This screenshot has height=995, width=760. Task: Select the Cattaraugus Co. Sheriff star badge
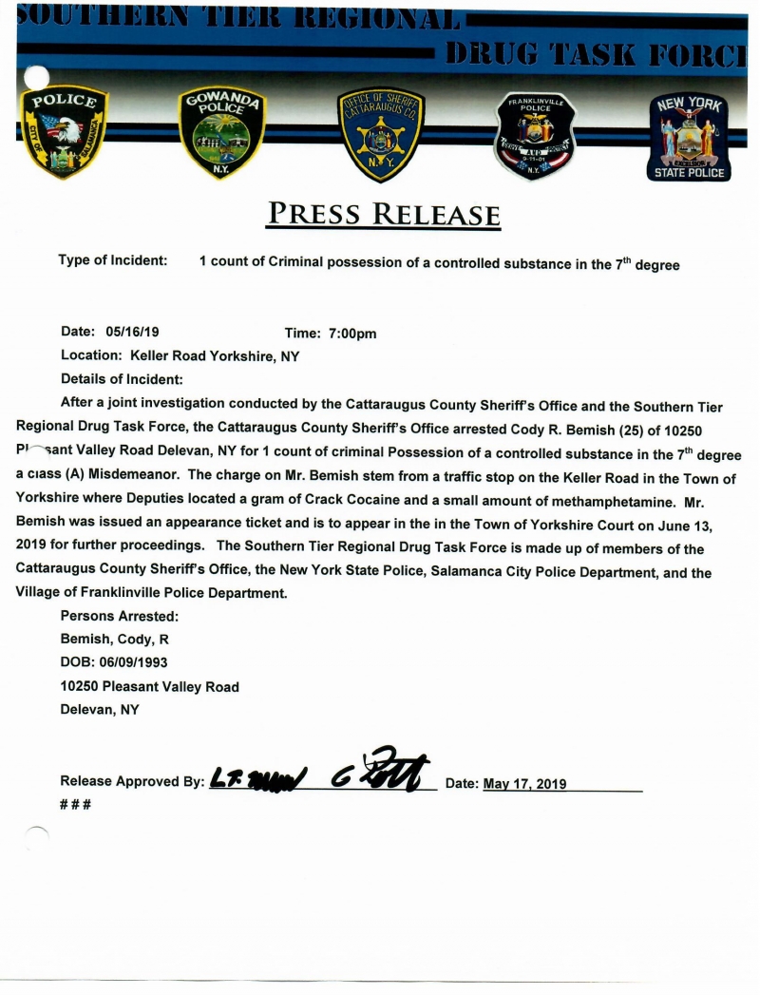click(381, 134)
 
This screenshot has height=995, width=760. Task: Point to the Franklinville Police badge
click(536, 135)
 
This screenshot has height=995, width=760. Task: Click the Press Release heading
click(383, 213)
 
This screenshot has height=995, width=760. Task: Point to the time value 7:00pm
click(352, 334)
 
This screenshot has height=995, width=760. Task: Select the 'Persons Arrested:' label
click(120, 616)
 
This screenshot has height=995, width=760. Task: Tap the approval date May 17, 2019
click(524, 784)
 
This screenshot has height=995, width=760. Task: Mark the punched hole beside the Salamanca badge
click(36, 77)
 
